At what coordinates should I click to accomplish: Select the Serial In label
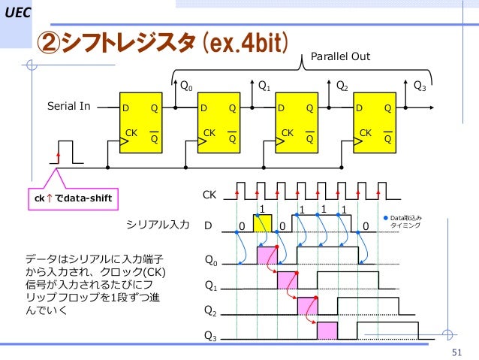(x=69, y=106)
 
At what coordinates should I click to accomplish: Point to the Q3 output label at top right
(x=420, y=86)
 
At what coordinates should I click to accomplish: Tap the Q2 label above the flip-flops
(x=342, y=86)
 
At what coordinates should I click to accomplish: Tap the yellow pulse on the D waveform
(x=263, y=224)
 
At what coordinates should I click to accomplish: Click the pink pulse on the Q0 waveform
(x=268, y=256)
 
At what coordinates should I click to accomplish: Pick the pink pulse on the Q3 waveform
(x=327, y=331)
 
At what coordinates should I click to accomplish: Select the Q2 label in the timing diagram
(x=212, y=310)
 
